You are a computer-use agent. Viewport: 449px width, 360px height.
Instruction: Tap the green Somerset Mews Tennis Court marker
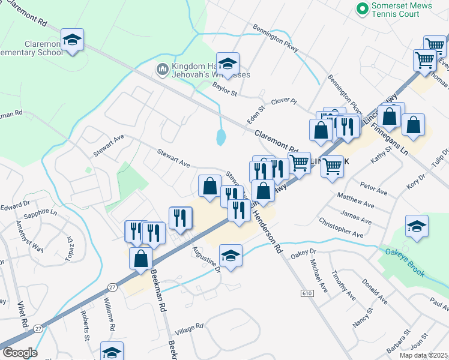coord(362,8)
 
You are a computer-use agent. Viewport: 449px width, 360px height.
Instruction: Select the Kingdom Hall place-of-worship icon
coord(161,70)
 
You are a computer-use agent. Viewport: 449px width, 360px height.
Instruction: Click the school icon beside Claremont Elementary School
coord(72,40)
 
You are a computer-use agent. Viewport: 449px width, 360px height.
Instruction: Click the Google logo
coord(20,352)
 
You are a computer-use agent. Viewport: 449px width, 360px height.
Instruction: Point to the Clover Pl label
coord(284,101)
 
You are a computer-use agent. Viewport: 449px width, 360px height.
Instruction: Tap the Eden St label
coord(256,115)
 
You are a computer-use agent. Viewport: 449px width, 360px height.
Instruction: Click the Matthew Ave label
coord(355,200)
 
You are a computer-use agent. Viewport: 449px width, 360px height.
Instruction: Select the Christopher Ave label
coord(342,227)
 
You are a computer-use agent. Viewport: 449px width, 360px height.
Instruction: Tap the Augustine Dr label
coord(206,259)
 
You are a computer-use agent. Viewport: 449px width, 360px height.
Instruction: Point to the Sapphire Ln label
coord(40,213)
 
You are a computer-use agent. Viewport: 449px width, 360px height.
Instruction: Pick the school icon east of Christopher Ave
coord(417,227)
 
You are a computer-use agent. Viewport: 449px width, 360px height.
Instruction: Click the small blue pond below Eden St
coord(221,137)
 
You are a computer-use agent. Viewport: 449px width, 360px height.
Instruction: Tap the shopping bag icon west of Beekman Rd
coord(140,258)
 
